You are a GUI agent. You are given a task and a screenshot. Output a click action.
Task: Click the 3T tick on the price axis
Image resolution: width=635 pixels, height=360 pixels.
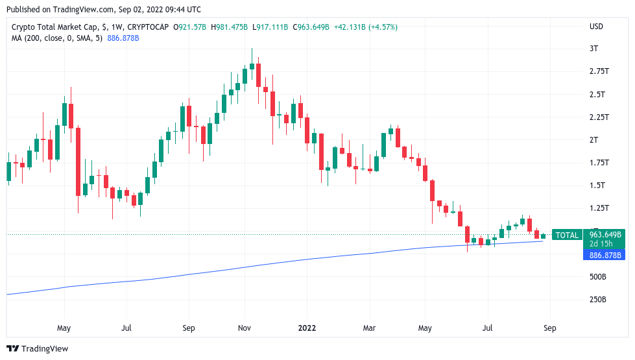[593, 49]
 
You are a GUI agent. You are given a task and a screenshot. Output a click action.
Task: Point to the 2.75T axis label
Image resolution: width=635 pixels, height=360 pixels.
[599, 71]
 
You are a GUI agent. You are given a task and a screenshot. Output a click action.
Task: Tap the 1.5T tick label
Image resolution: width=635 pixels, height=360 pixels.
[596, 186]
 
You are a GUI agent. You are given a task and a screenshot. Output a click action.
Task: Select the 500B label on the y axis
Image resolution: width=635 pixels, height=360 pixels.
[598, 277]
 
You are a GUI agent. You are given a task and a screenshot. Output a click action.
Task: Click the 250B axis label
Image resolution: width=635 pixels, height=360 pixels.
[598, 300]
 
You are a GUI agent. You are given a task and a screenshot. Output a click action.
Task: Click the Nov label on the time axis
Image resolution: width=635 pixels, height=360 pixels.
[245, 328]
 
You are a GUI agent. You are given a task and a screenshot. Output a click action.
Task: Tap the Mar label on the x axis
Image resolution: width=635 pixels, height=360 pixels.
[369, 328]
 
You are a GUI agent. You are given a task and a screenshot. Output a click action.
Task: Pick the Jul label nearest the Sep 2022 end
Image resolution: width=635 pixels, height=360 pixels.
[487, 328]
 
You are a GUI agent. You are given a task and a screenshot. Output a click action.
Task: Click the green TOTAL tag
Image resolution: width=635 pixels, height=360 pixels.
[567, 235]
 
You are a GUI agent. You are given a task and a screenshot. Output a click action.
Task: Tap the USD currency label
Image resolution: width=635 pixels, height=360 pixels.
[596, 27]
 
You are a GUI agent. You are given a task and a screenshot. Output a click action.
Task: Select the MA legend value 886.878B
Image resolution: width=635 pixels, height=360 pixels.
[123, 38]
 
